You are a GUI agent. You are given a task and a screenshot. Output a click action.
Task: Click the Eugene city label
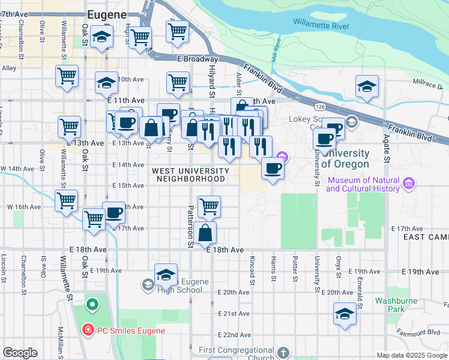[107, 14]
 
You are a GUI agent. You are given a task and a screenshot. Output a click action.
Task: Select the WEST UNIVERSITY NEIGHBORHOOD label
[191, 175]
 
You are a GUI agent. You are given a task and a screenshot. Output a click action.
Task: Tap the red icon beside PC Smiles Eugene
[87, 330]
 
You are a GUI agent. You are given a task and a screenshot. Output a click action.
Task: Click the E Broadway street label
[197, 59]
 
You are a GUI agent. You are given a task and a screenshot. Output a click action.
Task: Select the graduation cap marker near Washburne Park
[345, 314]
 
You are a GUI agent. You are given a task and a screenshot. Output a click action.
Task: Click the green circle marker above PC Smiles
[92, 305]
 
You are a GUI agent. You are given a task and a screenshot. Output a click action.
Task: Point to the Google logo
[20, 353]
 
